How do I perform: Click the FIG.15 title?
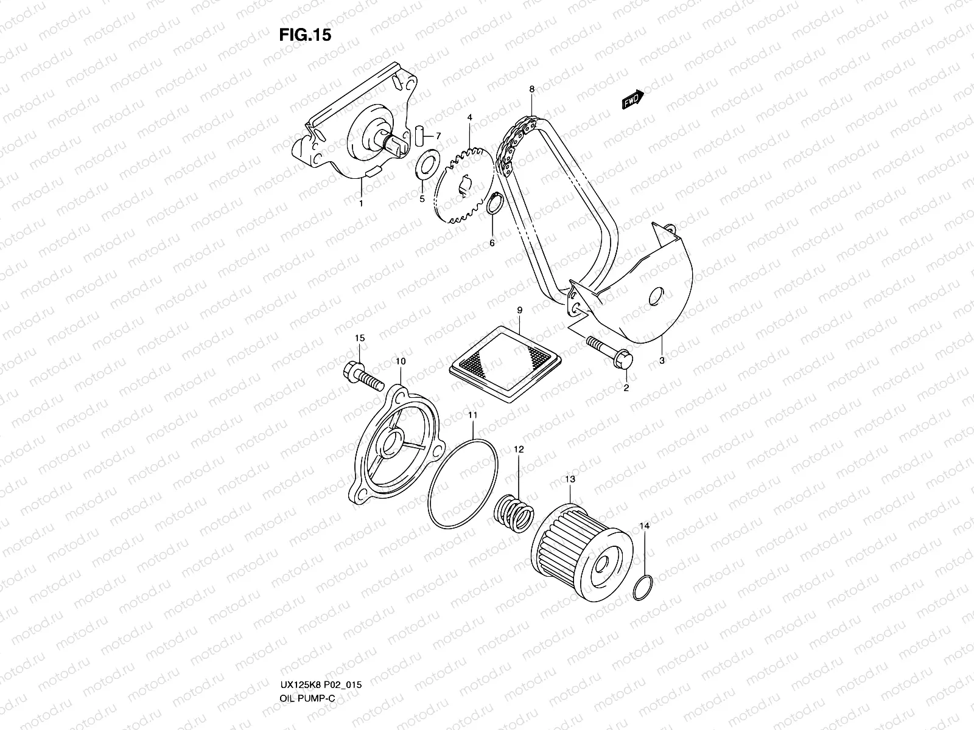click(x=305, y=35)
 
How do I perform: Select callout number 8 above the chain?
click(x=531, y=89)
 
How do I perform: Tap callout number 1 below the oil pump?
click(x=360, y=203)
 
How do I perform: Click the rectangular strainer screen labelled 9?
click(x=505, y=363)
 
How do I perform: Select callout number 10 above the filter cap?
click(x=400, y=361)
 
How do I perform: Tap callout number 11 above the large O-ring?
click(x=473, y=415)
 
